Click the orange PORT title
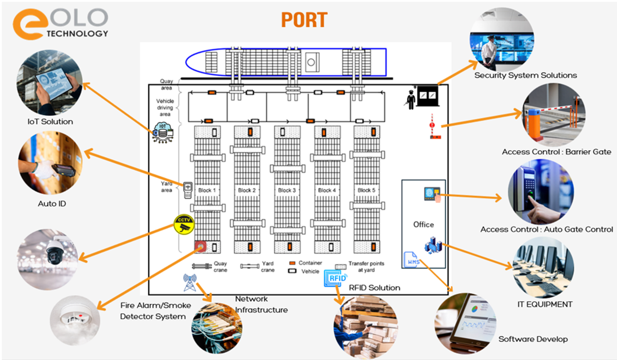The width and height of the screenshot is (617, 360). (304, 20)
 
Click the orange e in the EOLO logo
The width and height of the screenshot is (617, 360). (27, 25)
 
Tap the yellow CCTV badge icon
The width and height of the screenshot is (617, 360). (184, 224)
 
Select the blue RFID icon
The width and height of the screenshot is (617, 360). (336, 278)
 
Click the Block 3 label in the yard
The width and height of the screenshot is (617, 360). (287, 190)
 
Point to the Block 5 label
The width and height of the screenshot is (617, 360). (366, 190)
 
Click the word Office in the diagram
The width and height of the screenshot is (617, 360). (423, 225)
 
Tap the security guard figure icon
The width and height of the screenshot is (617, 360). (411, 99)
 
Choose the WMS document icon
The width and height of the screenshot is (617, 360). (411, 260)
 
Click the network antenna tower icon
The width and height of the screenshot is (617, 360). (190, 282)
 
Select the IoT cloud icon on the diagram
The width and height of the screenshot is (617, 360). (163, 133)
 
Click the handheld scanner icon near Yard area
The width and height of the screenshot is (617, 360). (188, 190)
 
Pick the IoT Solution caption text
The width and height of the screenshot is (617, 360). (50, 122)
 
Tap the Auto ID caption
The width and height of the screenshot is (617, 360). (52, 204)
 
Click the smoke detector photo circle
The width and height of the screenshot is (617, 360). (74, 320)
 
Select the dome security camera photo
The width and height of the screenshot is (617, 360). (48, 259)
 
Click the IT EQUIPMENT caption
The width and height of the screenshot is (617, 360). (544, 304)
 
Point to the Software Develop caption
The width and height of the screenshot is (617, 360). (533, 339)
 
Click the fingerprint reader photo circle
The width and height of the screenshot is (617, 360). (540, 191)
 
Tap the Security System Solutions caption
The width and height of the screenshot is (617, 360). (525, 75)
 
